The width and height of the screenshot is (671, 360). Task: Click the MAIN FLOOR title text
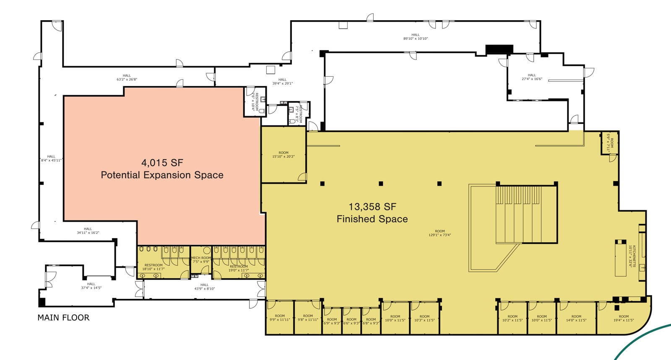(x=63, y=318)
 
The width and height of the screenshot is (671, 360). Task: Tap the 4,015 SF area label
(x=162, y=163)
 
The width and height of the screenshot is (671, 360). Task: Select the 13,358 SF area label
(x=372, y=207)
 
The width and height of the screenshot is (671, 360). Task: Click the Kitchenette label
(x=632, y=256)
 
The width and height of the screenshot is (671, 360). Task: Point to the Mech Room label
(x=201, y=260)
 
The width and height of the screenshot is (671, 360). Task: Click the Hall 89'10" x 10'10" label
(x=415, y=37)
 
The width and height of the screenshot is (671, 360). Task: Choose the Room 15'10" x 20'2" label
(x=283, y=155)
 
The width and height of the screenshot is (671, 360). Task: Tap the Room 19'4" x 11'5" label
(x=624, y=318)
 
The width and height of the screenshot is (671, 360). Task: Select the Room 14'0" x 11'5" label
(x=576, y=318)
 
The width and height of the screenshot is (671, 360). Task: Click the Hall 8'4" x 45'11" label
(x=51, y=158)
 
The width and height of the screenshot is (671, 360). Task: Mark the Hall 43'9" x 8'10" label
(x=204, y=287)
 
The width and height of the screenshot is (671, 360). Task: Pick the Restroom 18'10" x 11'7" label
(x=153, y=267)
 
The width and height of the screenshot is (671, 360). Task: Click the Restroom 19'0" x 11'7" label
(x=239, y=268)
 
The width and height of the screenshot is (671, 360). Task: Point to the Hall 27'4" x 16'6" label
(x=532, y=77)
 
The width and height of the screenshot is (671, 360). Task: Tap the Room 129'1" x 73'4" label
(x=440, y=233)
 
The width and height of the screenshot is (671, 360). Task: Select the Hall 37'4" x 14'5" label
(x=91, y=286)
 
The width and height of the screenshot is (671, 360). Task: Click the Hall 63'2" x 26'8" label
(x=127, y=78)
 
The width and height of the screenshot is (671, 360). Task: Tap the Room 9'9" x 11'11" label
(x=280, y=318)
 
